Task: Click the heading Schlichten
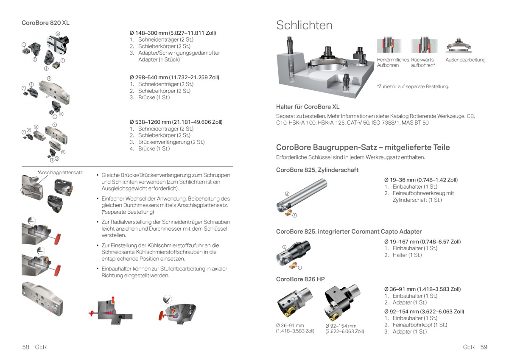point(304,25)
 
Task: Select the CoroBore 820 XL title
point(45,23)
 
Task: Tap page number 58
point(25,347)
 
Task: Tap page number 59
point(484,347)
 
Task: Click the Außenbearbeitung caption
point(465,60)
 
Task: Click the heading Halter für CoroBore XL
point(308,107)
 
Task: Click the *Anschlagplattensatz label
point(60,173)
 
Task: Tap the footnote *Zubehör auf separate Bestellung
point(413,87)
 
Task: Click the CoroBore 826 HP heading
point(300,279)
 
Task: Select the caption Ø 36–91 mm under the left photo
point(290,326)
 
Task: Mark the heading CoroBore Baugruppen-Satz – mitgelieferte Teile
point(363,148)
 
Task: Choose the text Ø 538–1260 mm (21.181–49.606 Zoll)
point(176,122)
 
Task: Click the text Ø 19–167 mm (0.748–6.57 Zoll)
point(422,242)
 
